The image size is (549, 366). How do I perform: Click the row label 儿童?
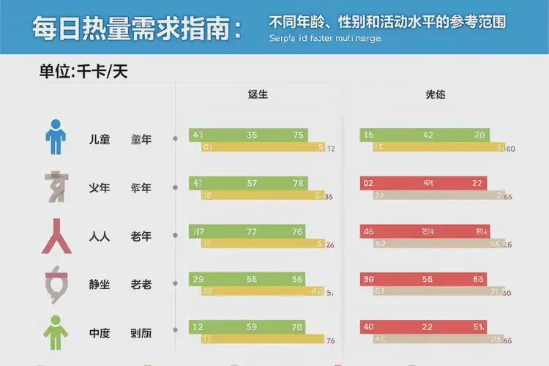(100, 139)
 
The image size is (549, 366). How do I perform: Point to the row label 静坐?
(100, 284)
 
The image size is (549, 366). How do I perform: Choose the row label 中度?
(100, 332)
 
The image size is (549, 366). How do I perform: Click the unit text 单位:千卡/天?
(84, 72)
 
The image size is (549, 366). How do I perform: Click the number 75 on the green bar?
(298, 135)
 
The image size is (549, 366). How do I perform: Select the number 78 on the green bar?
(299, 183)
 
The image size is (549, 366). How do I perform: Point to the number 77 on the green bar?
(252, 232)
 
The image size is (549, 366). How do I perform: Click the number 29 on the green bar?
(197, 280)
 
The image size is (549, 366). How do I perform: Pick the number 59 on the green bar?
(252, 327)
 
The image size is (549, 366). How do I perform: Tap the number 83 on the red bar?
(479, 280)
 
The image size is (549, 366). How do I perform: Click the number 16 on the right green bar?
(368, 135)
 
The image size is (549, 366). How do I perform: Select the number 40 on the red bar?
(368, 327)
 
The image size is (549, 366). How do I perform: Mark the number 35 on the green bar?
(252, 135)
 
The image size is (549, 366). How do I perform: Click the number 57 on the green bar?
(252, 183)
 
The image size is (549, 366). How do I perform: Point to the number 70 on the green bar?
(298, 327)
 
